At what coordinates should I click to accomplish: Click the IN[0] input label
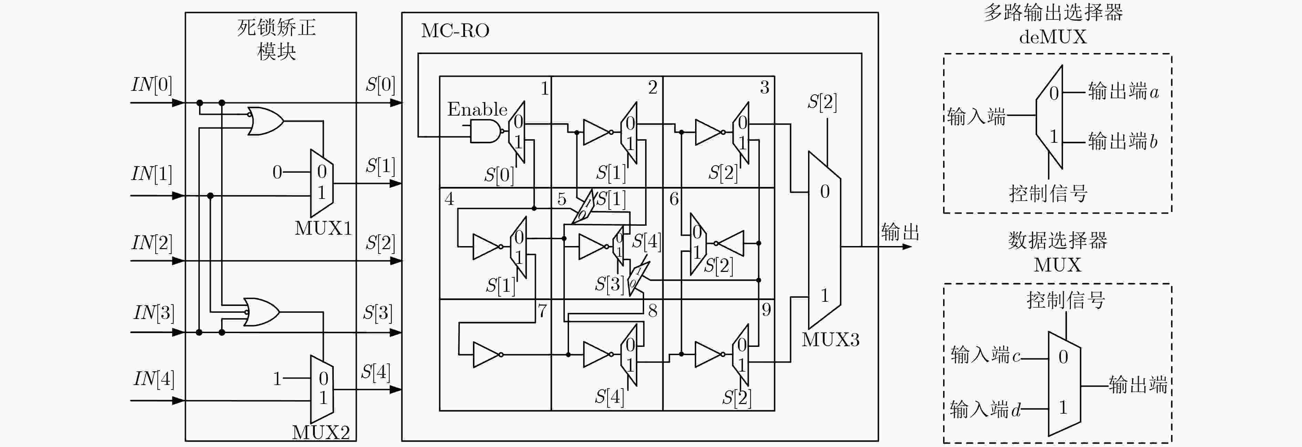[152, 84]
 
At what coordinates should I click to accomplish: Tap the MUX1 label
[323, 228]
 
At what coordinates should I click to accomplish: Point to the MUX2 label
[321, 432]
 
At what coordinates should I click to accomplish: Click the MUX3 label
[830, 339]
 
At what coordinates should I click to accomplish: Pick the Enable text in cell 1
[477, 109]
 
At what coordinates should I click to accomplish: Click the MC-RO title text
[455, 31]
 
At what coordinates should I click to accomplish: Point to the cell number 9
[766, 309]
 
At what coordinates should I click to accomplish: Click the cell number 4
[449, 199]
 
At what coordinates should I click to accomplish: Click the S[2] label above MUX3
[822, 102]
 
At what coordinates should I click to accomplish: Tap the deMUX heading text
[1053, 37]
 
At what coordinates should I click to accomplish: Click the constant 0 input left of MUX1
[277, 172]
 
